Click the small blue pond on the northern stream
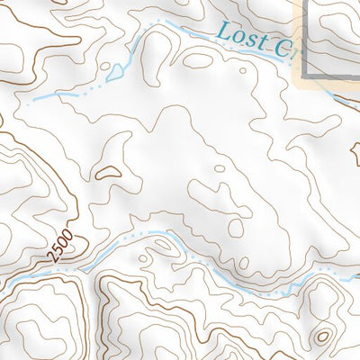pyautogui.click(x=115, y=69)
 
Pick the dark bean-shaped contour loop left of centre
pyautogui.click(x=109, y=168)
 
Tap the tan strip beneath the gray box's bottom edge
pyautogui.click(x=328, y=84)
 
